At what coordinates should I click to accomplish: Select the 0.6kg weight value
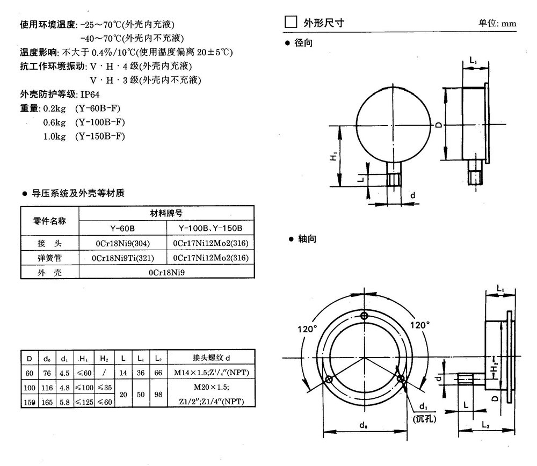point(54,122)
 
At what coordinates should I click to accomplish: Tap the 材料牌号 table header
point(165,213)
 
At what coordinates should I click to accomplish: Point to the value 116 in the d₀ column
point(47,387)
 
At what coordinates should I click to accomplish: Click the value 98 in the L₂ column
point(158,394)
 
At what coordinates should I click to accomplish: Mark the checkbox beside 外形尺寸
point(290,23)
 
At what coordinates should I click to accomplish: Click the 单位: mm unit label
point(497,24)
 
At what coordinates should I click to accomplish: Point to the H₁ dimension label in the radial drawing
point(333,157)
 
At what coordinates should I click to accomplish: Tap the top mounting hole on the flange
point(365,316)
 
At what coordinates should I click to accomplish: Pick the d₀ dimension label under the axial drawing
point(364,426)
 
